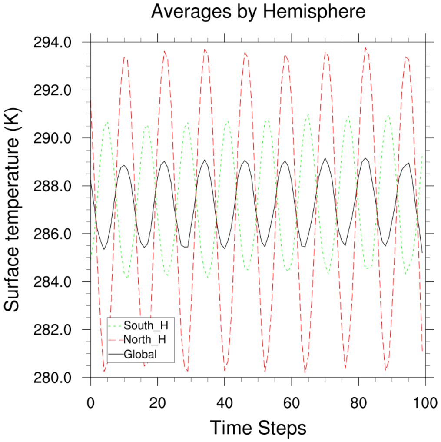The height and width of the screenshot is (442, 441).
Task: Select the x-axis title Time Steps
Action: [x=258, y=428]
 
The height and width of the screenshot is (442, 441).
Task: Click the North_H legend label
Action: [x=145, y=339]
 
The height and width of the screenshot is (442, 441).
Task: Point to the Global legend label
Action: [x=140, y=354]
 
